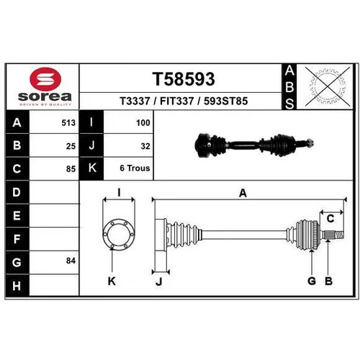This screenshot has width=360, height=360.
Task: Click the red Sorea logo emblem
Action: pos(45,79)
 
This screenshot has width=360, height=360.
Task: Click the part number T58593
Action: pos(184,79)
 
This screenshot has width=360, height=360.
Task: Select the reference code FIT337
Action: pos(177,101)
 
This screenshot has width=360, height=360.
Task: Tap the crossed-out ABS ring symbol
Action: pos(328,86)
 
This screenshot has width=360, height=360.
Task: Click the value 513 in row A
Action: pos(68,122)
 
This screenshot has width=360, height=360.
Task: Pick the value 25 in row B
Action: pos(71,146)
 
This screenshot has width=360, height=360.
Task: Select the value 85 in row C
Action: pos(71,169)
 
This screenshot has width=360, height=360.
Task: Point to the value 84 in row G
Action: pos(71,261)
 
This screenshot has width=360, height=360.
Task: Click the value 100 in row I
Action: pos(143,122)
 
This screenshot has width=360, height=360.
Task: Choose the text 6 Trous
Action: pos(135,168)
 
